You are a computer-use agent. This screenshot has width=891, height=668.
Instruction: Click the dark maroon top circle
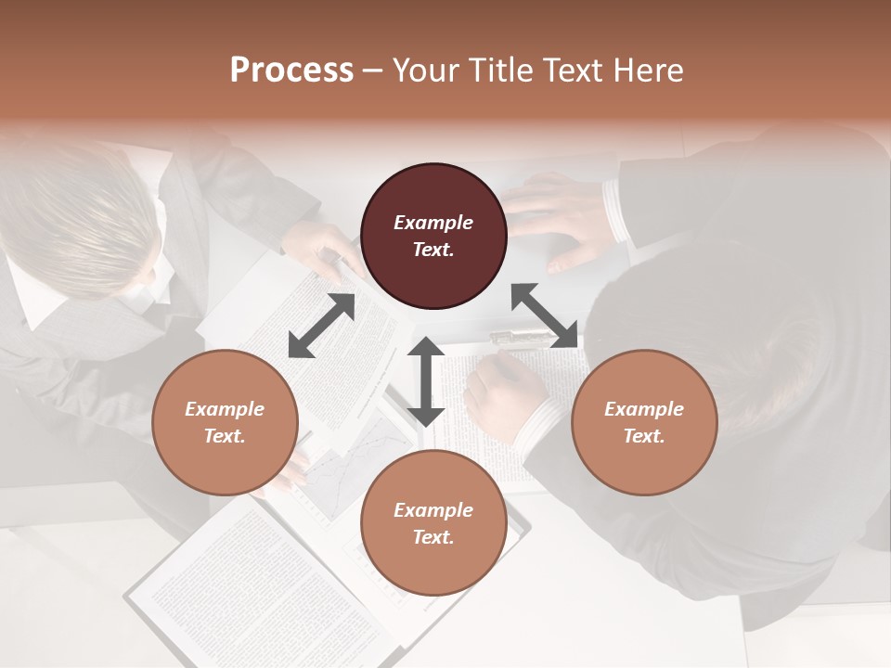click(x=433, y=236)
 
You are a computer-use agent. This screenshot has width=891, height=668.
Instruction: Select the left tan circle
click(x=225, y=422)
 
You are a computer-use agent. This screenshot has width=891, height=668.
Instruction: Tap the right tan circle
click(x=644, y=422)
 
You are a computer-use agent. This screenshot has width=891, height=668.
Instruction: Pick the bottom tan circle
click(x=433, y=523)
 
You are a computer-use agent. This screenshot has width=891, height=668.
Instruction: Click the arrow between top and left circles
click(x=321, y=326)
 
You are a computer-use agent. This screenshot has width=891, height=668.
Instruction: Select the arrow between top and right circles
click(x=544, y=315)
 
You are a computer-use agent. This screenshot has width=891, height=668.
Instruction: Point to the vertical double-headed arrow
click(x=426, y=381)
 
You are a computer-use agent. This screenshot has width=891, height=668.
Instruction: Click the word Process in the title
click(x=291, y=70)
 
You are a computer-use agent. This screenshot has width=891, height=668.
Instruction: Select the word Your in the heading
click(x=422, y=70)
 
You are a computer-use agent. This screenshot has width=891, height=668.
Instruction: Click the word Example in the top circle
click(x=433, y=223)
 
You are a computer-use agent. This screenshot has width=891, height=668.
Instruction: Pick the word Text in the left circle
click(x=225, y=436)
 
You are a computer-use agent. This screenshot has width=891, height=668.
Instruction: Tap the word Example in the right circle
click(x=644, y=409)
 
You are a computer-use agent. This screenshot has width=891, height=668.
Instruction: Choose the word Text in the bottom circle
click(x=433, y=537)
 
